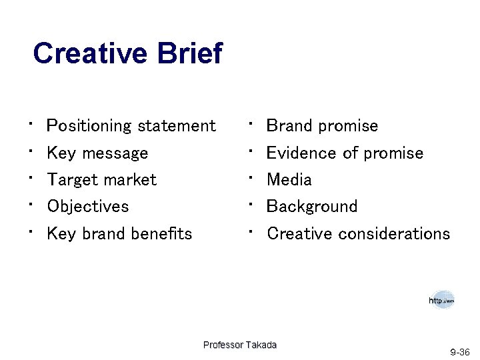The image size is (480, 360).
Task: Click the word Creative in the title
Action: point(91,54)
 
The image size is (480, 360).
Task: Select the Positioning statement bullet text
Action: point(131,126)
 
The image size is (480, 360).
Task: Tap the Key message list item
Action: point(97,153)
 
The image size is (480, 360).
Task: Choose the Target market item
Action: point(101,180)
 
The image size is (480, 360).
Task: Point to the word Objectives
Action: point(87,207)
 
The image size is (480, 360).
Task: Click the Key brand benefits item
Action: point(119,233)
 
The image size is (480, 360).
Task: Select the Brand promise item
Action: point(322,126)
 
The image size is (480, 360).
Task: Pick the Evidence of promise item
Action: point(345,153)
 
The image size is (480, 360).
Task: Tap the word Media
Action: point(289,180)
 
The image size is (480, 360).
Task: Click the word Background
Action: point(312,207)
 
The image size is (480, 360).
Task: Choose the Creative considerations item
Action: point(358,233)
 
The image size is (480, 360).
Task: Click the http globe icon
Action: point(441,301)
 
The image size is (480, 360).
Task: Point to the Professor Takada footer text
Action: point(239,345)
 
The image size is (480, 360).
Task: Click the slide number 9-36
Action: point(459,351)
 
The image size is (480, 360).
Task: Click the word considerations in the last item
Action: point(394,233)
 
